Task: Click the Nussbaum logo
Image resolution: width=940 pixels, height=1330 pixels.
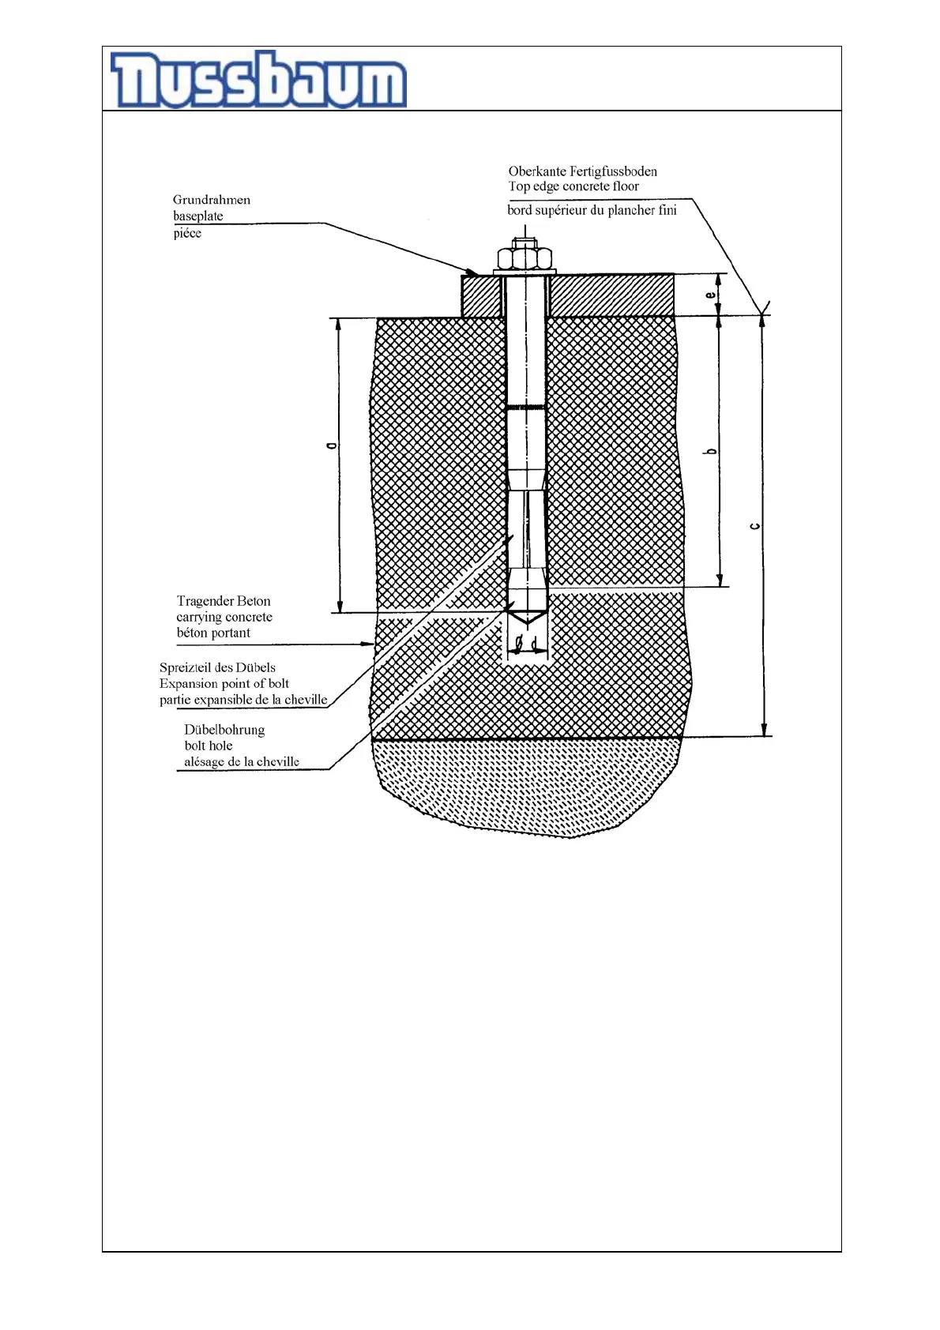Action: point(258,80)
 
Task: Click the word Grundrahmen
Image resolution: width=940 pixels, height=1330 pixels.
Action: point(211,200)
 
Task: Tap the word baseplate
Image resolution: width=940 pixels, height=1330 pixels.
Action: point(197,216)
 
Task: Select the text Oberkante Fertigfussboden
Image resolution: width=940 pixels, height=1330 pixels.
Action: point(582,171)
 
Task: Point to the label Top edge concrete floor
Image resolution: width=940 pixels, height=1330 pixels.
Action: point(573,186)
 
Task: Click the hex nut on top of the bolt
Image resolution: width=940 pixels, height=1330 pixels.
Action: point(525,258)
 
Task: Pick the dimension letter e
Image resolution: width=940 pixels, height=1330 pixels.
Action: point(711,295)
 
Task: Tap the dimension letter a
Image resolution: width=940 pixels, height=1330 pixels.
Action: point(332,446)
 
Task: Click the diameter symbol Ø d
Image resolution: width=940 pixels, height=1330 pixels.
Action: point(526,644)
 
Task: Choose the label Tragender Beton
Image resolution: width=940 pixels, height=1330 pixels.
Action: point(224,601)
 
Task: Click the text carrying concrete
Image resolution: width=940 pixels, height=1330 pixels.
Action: point(224,617)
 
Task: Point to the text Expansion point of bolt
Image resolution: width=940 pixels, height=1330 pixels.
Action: point(224,683)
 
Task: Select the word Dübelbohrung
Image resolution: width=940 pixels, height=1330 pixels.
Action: point(224,730)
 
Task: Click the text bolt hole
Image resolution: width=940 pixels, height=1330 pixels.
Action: point(209,746)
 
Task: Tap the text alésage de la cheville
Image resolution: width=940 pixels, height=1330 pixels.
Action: point(242,761)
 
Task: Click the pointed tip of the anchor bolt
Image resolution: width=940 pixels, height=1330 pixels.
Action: point(526,618)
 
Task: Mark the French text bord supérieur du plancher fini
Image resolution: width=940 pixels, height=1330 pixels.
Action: point(592,210)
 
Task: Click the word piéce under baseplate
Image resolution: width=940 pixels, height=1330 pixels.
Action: point(187,233)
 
